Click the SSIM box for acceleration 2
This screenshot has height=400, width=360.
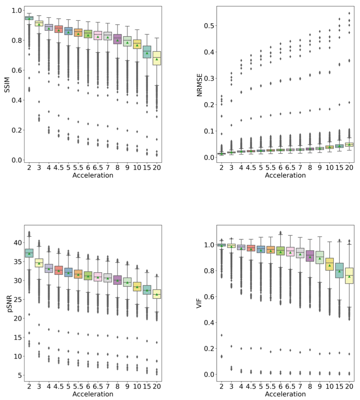29,18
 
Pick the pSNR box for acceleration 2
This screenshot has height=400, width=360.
29,253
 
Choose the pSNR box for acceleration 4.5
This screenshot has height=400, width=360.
59,270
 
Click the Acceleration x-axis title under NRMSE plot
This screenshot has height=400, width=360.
285,175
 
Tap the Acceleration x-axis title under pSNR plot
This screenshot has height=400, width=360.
93,394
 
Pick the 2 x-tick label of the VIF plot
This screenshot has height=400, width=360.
222,386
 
